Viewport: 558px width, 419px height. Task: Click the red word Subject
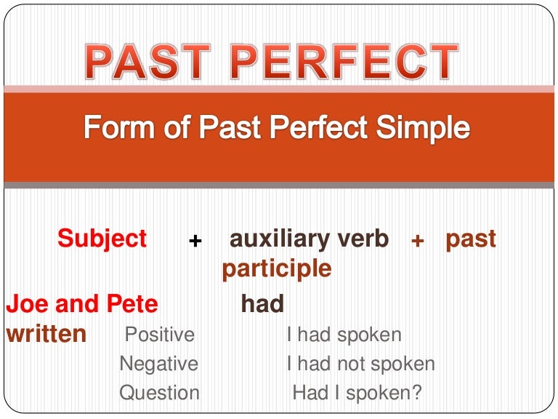click(102, 239)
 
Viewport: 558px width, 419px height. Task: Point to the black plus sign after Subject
click(195, 241)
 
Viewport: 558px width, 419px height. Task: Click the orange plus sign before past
click(417, 241)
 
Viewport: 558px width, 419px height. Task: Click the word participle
click(276, 269)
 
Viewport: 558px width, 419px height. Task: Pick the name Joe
click(26, 303)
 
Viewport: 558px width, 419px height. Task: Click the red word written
click(46, 334)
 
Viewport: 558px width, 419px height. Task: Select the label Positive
click(160, 335)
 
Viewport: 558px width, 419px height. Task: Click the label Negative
click(158, 364)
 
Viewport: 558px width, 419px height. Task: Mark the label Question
click(159, 393)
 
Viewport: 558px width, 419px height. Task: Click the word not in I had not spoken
click(353, 364)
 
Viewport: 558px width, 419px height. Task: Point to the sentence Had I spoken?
click(357, 393)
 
